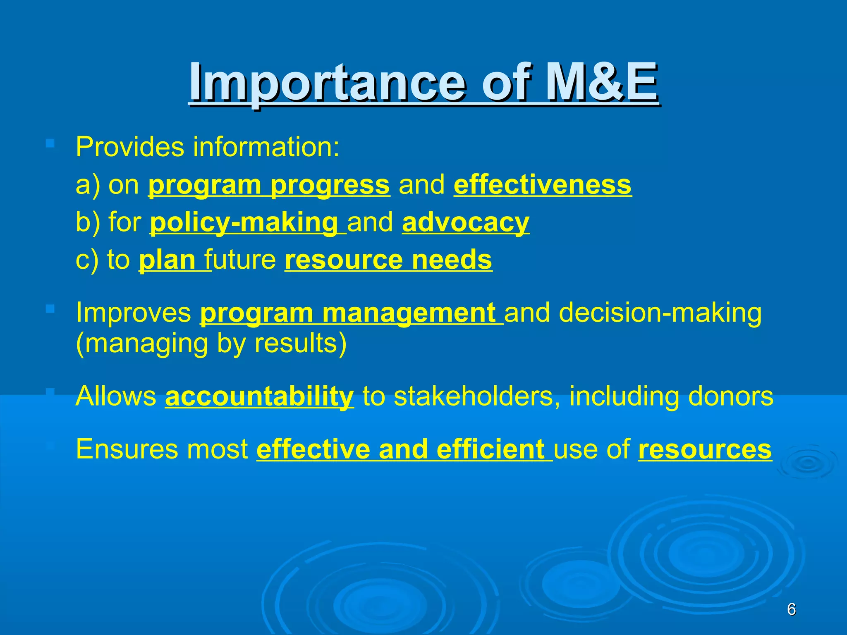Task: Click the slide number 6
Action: [x=791, y=609]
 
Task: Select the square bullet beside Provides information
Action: [x=50, y=143]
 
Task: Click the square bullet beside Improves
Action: [x=50, y=308]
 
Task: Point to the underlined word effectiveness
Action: [x=543, y=185]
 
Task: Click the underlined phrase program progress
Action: [x=269, y=185]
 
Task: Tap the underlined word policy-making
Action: [x=244, y=222]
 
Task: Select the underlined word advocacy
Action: [x=465, y=222]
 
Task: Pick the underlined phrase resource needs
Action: [x=388, y=260]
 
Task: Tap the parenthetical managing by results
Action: [x=211, y=344]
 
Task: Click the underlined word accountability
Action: [x=259, y=396]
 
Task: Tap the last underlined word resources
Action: [x=705, y=449]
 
